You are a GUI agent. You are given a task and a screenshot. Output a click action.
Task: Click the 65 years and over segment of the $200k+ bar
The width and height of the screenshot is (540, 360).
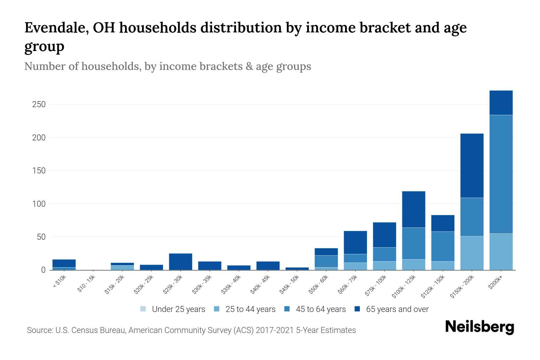[501, 103]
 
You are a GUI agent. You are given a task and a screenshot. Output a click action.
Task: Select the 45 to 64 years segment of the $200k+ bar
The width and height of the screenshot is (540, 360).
[501, 174]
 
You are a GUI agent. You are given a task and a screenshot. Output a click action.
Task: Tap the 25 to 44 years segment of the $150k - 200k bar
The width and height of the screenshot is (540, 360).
[472, 253]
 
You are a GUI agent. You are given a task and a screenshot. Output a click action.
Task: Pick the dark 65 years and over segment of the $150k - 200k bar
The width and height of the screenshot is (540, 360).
[472, 166]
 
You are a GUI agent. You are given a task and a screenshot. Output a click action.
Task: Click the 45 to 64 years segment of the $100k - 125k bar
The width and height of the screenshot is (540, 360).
[413, 243]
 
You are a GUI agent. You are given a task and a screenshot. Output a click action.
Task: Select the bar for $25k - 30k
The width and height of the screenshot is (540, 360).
[181, 262]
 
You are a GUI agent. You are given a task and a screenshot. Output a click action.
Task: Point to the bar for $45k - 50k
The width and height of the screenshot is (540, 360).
[297, 268]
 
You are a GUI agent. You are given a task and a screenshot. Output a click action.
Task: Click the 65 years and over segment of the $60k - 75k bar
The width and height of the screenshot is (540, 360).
[355, 242]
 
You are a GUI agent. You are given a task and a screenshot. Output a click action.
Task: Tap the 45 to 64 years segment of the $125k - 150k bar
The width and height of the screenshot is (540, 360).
[442, 246]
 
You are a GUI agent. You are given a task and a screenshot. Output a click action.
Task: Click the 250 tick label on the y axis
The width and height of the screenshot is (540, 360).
[39, 104]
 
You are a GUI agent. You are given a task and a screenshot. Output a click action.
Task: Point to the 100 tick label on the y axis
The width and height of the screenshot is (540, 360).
[39, 204]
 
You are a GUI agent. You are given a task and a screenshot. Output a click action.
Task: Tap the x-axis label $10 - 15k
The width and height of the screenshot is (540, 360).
[86, 284]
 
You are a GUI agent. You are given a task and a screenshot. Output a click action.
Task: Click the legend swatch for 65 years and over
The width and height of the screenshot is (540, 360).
[357, 309]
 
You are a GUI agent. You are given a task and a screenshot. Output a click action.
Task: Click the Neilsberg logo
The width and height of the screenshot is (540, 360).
[479, 327]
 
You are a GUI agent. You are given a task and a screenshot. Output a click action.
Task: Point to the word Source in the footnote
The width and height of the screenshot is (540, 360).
[40, 330]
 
